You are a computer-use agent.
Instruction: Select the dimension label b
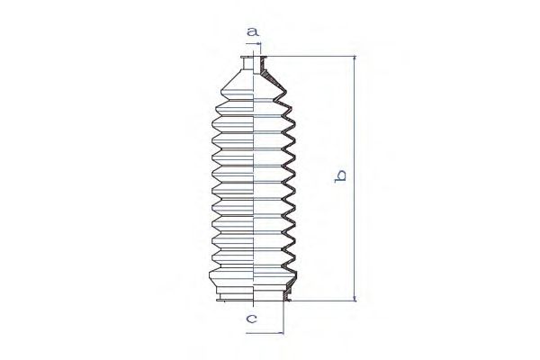pos(340,177)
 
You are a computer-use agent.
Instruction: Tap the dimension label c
pos(252,318)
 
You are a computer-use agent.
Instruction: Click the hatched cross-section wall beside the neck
pos(265,68)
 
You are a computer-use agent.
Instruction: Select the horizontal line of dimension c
pos(265,331)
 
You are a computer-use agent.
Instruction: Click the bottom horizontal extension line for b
pos(324,301)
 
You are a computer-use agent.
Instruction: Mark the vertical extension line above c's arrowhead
pos(283,315)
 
